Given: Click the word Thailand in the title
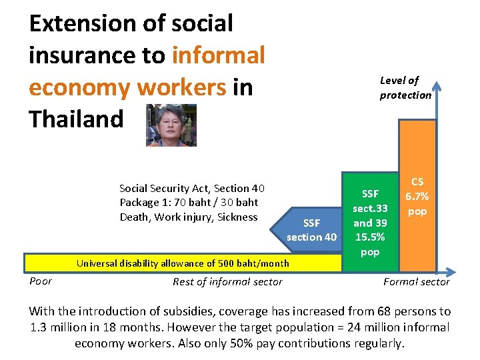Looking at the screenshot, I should (77, 119).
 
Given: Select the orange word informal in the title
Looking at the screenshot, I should (218, 55).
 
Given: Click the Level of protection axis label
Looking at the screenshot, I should (405, 87).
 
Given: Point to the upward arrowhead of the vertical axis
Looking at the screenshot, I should (435, 85).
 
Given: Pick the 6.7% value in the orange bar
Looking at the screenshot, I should (417, 197).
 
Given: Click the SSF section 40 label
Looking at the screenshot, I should (311, 230).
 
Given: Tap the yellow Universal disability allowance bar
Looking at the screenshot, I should (182, 263).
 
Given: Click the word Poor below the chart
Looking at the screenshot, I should (41, 281).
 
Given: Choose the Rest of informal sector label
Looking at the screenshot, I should (227, 282).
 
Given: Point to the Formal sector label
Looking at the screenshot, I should (416, 282).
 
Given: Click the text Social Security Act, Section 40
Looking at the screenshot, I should (192, 189).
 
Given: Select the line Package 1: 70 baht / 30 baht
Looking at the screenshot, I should (189, 203).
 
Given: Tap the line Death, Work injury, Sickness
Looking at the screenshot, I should (189, 217).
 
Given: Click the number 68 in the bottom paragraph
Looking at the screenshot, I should (363, 311).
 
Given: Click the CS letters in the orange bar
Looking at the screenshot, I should (417, 182).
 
